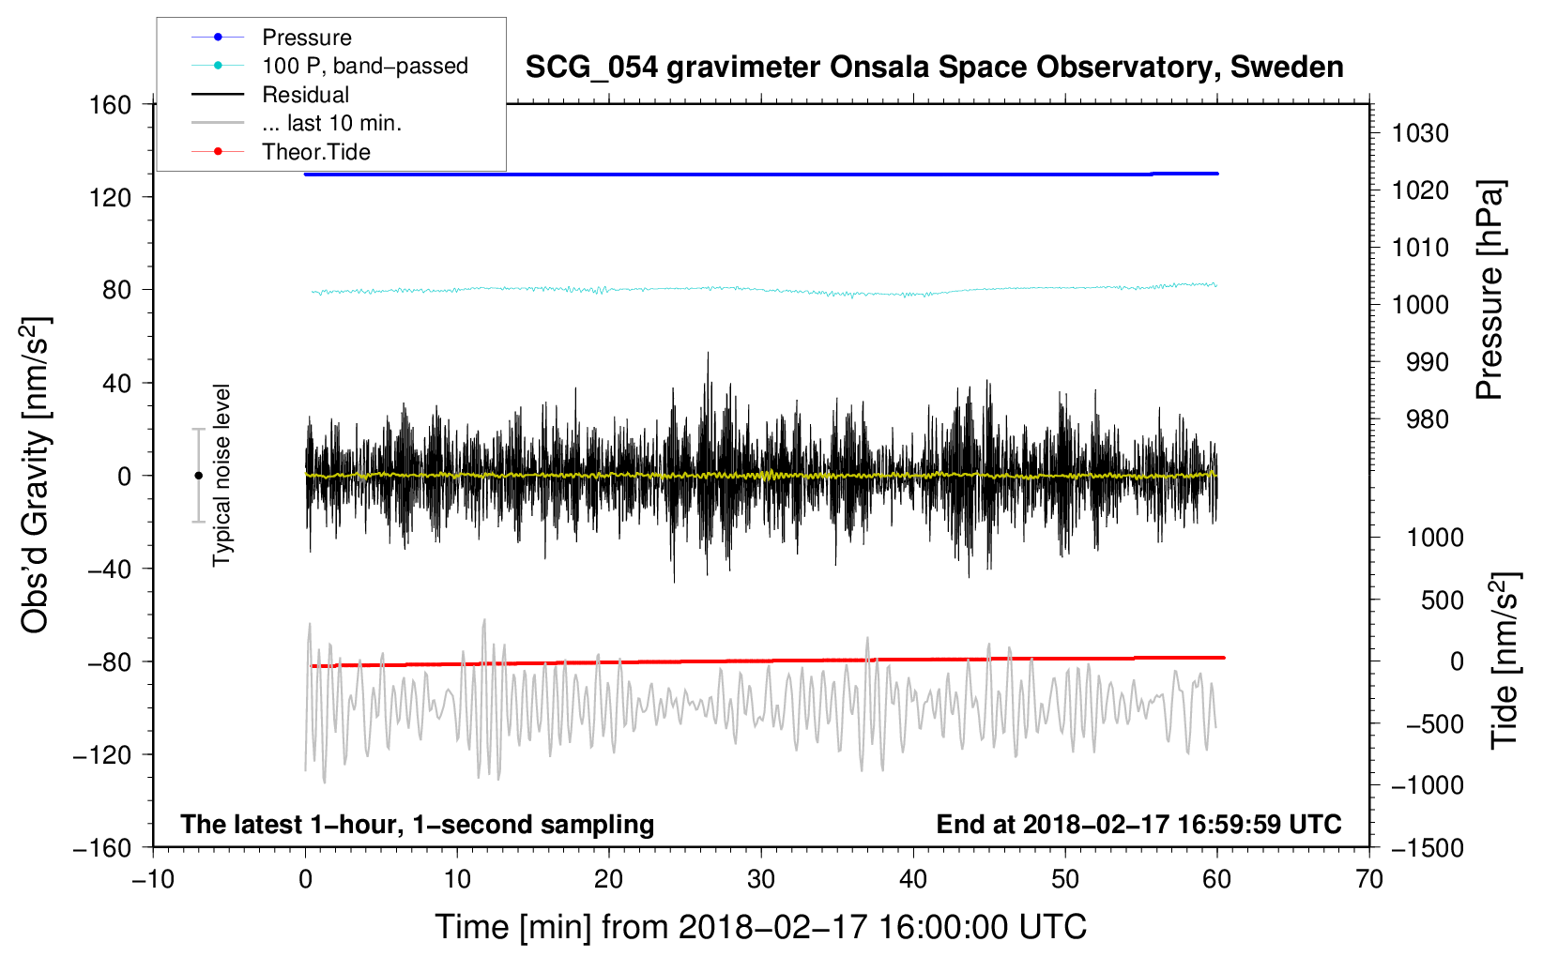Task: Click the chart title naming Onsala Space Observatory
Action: click(x=934, y=68)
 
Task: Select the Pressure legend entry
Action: click(x=306, y=38)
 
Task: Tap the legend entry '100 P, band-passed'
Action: click(x=364, y=66)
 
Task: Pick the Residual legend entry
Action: click(x=305, y=95)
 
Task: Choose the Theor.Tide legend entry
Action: click(x=315, y=152)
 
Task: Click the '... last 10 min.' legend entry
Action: click(x=331, y=123)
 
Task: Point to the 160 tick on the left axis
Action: click(x=111, y=104)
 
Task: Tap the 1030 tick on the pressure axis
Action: click(x=1420, y=133)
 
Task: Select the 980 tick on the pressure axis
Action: click(x=1428, y=419)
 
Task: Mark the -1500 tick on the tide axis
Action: click(x=1428, y=847)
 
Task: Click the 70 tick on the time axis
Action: click(x=1369, y=879)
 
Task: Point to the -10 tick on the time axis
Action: click(x=153, y=879)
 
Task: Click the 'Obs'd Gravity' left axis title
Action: click(x=36, y=475)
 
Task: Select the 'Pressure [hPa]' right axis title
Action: click(x=1489, y=290)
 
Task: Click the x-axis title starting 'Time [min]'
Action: click(x=760, y=927)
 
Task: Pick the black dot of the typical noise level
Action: click(x=198, y=476)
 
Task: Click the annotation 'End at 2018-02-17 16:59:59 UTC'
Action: click(x=1138, y=824)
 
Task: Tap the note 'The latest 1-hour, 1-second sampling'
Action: click(x=417, y=824)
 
